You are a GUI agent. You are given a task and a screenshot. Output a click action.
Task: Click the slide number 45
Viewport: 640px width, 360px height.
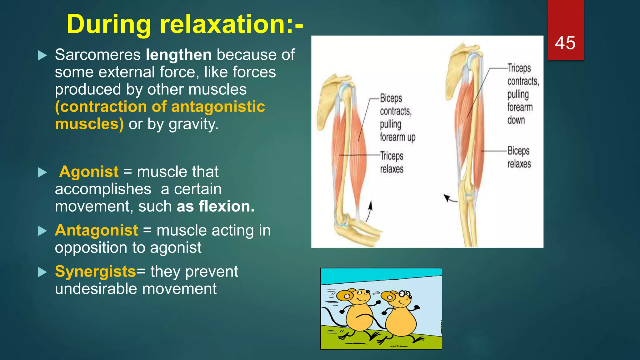click(565, 43)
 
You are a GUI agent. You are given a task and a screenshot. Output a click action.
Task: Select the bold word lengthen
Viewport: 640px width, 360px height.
click(179, 55)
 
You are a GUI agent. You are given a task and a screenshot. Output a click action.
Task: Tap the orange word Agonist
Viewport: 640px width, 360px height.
click(89, 172)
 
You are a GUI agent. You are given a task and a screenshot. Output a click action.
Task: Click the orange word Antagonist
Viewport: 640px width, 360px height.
click(97, 230)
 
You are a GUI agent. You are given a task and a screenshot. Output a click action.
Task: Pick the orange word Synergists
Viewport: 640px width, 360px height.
click(96, 271)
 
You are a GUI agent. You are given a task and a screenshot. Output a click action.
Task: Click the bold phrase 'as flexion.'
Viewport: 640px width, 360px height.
click(216, 206)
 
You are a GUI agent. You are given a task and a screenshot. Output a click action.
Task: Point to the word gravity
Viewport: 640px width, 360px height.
click(193, 124)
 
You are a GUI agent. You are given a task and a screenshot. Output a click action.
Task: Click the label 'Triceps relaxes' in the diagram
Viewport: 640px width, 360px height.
click(392, 162)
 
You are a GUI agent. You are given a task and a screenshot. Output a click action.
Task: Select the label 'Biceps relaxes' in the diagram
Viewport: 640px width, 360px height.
click(519, 157)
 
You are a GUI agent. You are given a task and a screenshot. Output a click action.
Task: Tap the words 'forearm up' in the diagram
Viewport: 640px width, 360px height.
click(397, 137)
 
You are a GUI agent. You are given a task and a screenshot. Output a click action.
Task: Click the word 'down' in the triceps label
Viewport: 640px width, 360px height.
click(516, 120)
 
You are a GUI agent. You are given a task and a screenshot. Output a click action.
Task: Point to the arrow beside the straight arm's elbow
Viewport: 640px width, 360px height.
click(450, 198)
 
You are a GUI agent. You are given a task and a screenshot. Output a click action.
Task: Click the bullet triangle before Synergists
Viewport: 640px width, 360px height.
click(42, 272)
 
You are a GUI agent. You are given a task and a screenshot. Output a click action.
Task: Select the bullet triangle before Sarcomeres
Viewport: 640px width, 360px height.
click(42, 55)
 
